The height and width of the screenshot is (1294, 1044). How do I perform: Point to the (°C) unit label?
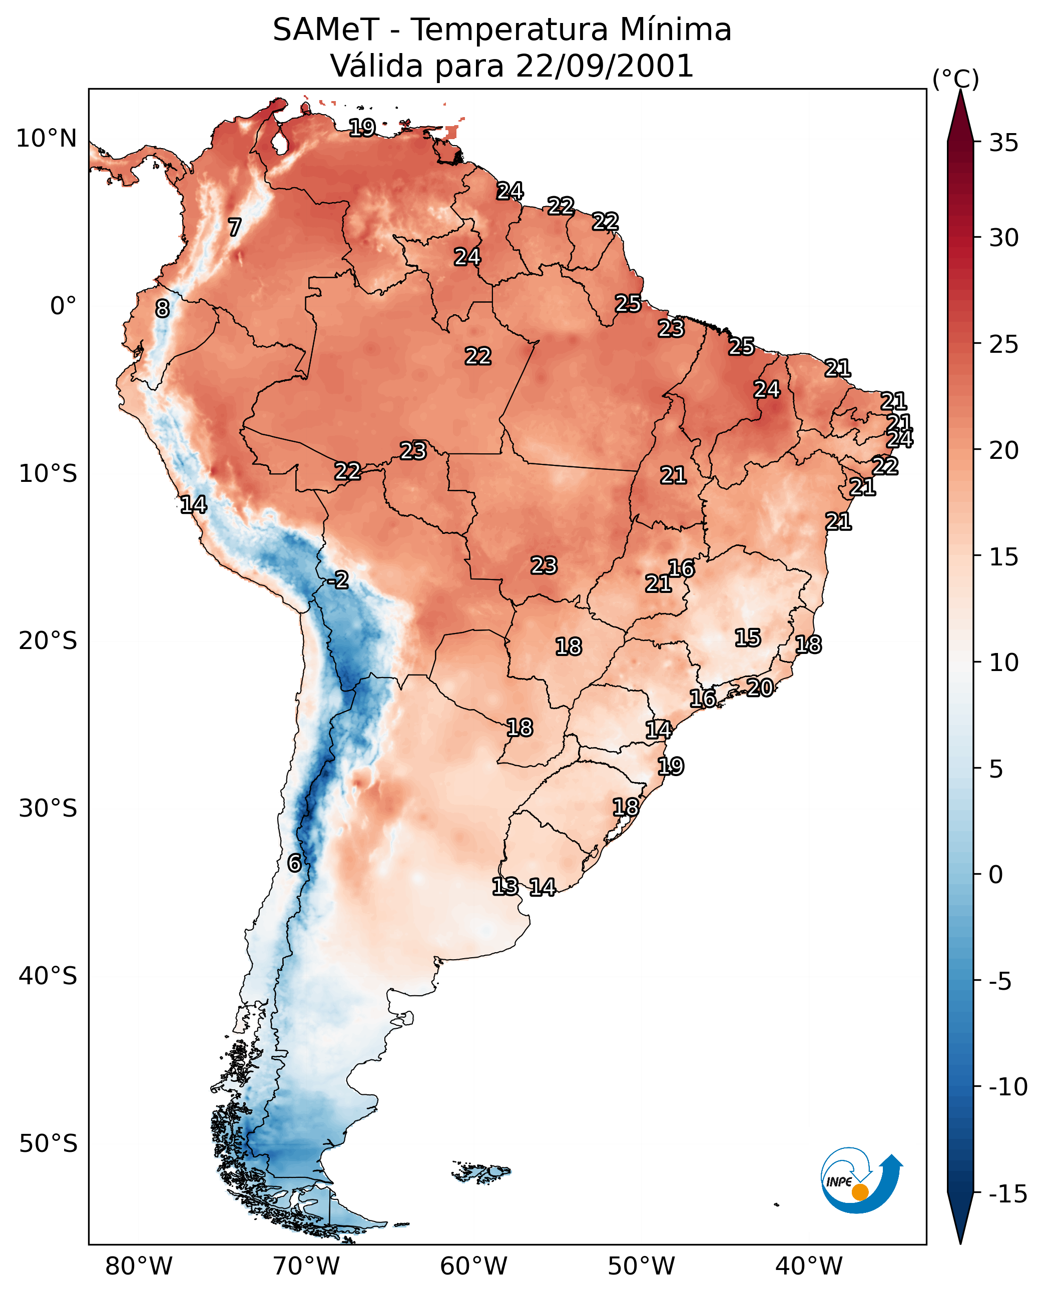[955, 80]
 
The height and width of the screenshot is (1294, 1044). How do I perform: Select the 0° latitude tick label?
[63, 306]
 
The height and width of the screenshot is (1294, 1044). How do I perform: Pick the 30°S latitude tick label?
[48, 809]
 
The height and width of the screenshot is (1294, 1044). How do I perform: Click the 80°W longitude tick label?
[139, 1267]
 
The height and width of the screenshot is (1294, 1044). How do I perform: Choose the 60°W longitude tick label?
[474, 1267]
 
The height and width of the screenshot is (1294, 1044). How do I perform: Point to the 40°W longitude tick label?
[809, 1267]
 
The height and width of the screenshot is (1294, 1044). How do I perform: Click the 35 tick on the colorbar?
[1003, 143]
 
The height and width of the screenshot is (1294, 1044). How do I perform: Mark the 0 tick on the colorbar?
[996, 874]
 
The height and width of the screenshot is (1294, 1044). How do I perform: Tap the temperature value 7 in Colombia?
[235, 227]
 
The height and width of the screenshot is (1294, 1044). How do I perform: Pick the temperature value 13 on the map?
[505, 886]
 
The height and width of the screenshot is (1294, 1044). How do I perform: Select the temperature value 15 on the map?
[748, 638]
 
